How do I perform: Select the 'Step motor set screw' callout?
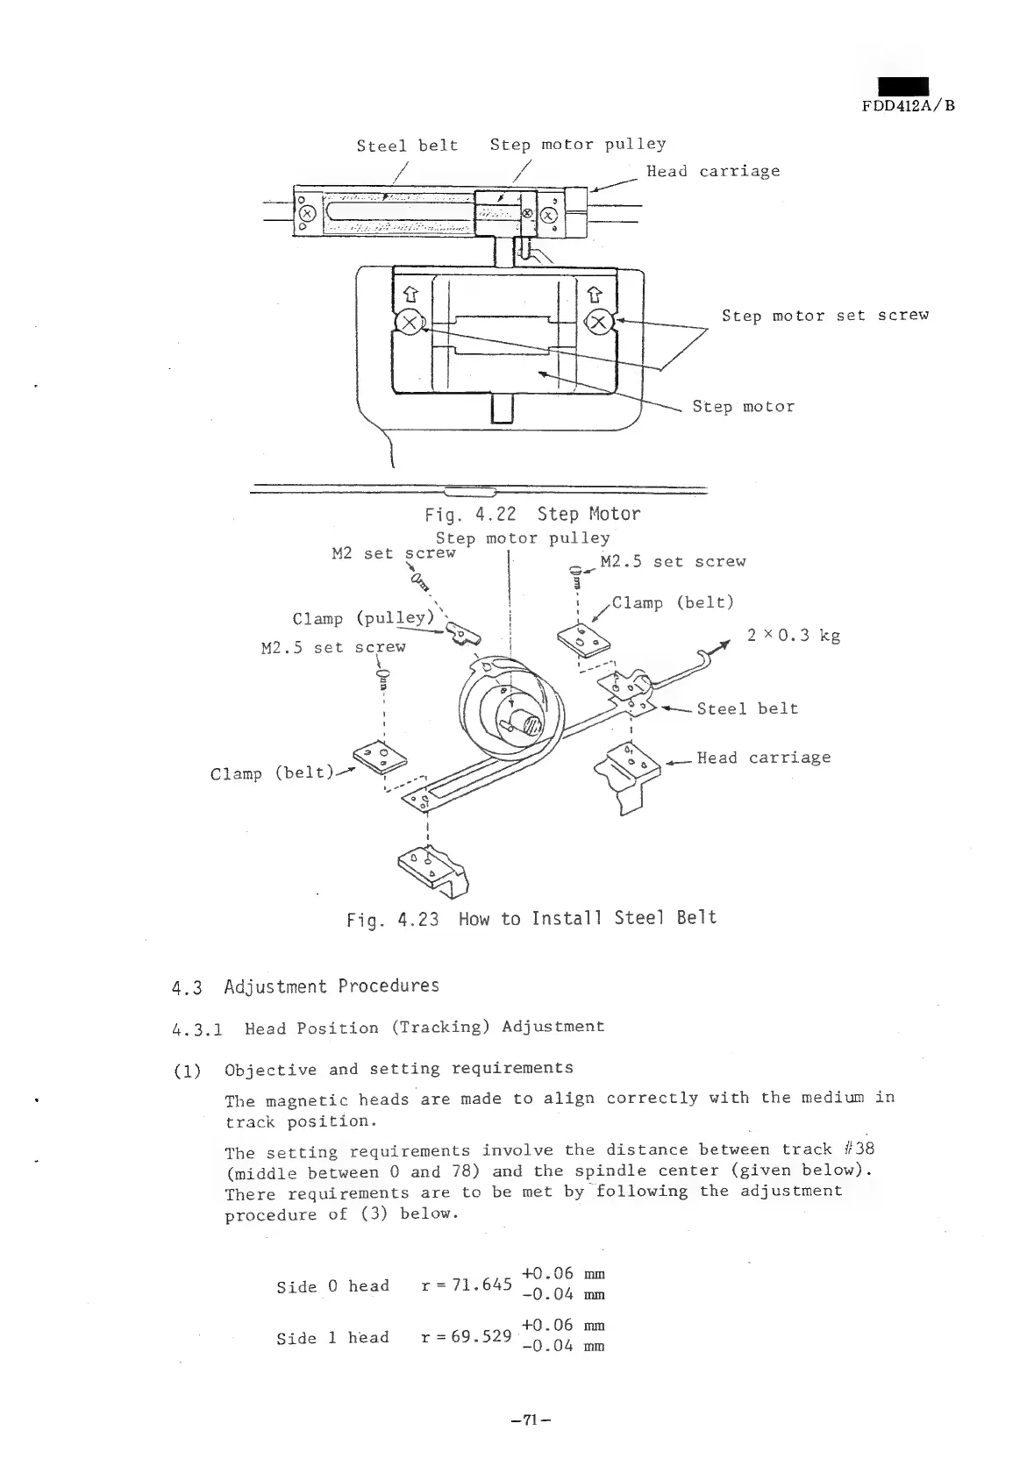coord(824,316)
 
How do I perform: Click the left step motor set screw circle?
coord(409,322)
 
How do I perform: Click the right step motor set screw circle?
coord(600,322)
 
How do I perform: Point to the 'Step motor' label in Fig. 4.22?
coord(743,407)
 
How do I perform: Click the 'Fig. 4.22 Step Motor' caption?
coord(532,514)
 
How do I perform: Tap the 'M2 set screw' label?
coord(394,553)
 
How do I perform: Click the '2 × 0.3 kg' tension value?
coord(794,636)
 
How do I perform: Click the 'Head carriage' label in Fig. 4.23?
coord(763,758)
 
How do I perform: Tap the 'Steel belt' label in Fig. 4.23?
coord(747,708)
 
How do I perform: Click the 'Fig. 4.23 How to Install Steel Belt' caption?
coord(531,919)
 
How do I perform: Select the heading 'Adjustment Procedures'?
coord(332,986)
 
